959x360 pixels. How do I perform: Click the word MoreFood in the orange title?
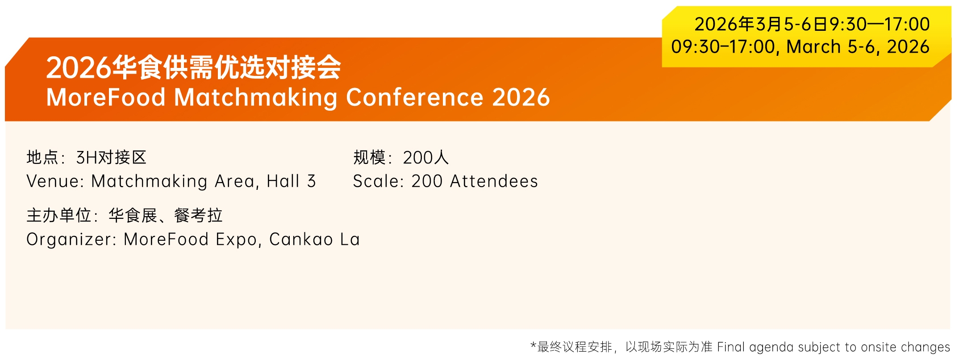click(106, 97)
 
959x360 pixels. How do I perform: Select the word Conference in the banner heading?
click(415, 97)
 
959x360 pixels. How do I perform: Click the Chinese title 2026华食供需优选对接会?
click(193, 67)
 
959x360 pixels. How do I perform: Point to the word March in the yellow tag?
click(813, 47)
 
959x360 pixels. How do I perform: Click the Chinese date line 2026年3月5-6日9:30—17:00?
click(812, 24)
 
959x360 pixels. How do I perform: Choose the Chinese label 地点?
click(43, 157)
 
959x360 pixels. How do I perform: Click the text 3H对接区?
click(111, 157)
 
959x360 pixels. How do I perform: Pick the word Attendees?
click(494, 181)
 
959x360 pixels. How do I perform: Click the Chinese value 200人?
click(425, 157)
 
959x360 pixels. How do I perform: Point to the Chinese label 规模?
click(369, 157)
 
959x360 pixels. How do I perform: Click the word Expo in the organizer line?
click(237, 240)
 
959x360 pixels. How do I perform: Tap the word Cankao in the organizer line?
click(301, 239)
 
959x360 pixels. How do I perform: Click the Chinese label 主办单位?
click(59, 215)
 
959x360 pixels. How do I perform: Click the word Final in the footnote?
click(731, 347)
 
